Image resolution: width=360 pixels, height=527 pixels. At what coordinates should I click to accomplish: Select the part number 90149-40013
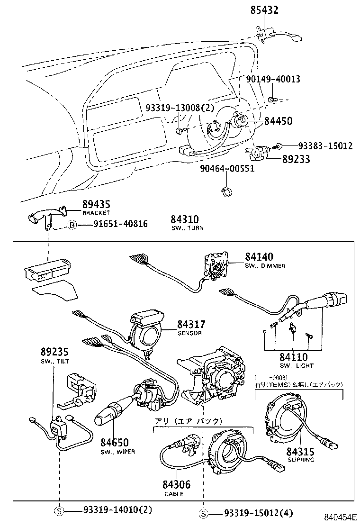273,79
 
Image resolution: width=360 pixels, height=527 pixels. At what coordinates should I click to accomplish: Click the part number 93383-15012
325,146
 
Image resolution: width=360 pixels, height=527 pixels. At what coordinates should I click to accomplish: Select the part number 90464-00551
227,169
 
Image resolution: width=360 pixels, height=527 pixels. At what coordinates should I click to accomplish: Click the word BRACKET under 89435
96,213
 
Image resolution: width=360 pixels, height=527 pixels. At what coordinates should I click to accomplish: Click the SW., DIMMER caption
265,266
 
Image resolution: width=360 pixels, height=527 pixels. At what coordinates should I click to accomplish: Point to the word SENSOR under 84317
189,333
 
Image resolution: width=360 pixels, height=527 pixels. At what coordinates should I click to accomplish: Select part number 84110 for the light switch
293,357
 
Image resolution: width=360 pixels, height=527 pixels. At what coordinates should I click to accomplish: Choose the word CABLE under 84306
174,494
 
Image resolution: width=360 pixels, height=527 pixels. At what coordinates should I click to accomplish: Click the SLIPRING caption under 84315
301,460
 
